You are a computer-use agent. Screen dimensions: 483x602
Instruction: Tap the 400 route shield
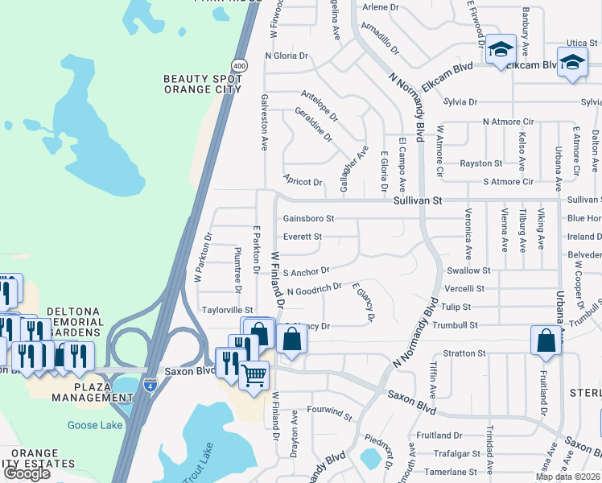pos(239,64)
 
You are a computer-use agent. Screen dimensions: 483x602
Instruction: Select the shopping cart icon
pos(254,374)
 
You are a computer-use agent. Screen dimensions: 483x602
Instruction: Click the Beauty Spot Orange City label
pos(203,84)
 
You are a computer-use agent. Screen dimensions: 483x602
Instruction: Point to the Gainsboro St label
pos(308,218)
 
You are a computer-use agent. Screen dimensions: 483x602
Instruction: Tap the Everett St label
pos(302,237)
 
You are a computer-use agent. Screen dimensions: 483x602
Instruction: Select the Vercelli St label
pos(465,288)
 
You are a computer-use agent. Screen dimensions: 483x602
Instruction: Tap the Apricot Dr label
pos(303,182)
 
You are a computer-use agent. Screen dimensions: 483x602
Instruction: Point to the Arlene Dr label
pos(381,7)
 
